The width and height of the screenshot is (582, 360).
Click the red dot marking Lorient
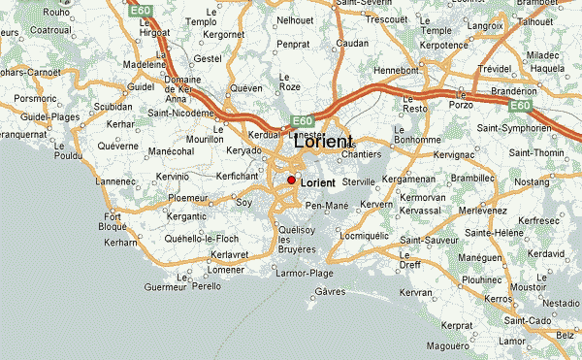291,180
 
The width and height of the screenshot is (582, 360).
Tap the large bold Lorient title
322,141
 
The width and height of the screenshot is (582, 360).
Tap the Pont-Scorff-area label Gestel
209,58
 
